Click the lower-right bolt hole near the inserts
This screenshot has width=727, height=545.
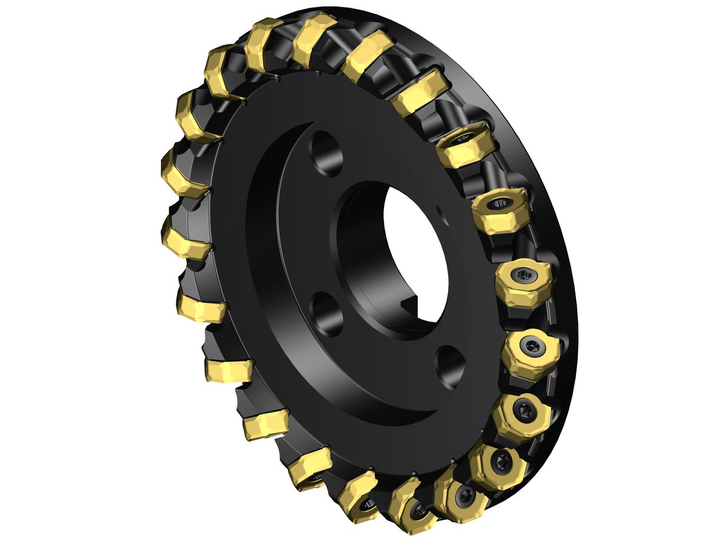(450, 366)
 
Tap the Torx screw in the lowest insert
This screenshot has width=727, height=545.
(417, 512)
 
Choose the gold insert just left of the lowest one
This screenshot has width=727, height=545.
(360, 494)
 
